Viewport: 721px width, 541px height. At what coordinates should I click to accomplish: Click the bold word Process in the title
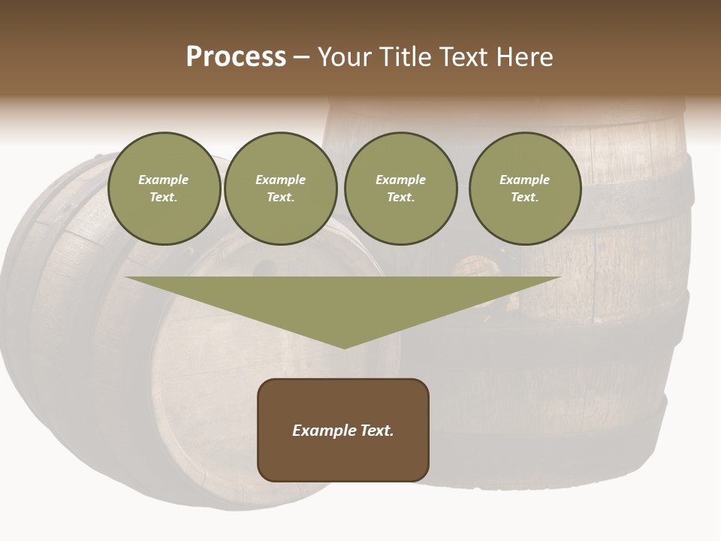236,57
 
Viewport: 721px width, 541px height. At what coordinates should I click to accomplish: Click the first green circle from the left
164,188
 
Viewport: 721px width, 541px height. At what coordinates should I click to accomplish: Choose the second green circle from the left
281,188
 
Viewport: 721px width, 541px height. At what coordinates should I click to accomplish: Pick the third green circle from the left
401,188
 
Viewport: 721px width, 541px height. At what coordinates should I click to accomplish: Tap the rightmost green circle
525,188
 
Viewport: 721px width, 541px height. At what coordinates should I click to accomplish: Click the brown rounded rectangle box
343,430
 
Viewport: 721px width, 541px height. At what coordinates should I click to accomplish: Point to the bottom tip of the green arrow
344,346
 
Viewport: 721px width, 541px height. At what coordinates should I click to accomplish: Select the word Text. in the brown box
378,431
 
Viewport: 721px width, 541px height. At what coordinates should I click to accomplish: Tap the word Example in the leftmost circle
164,180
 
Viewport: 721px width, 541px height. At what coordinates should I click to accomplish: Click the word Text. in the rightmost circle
525,198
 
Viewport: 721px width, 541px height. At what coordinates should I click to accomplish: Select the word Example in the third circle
401,180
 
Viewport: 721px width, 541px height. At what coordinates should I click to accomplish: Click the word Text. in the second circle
281,198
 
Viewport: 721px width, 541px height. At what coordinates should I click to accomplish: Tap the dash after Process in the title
301,57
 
